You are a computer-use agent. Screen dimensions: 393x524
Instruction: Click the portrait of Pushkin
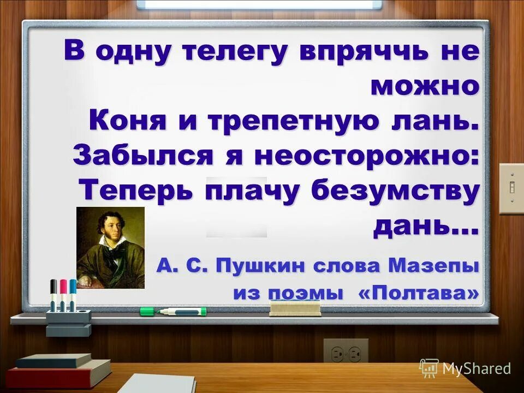point(110,247)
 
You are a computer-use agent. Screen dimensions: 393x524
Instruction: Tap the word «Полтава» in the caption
point(419,293)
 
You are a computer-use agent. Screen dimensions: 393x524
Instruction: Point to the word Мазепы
point(433,266)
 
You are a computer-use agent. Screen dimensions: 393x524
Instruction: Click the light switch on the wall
point(511,188)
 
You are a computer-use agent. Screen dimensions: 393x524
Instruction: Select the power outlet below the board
point(346,352)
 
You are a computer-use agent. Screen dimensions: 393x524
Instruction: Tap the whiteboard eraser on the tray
point(295,308)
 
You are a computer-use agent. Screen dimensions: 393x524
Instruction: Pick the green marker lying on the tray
point(173,311)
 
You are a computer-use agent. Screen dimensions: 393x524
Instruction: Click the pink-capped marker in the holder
point(63,295)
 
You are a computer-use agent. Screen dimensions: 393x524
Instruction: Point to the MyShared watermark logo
point(465,368)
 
